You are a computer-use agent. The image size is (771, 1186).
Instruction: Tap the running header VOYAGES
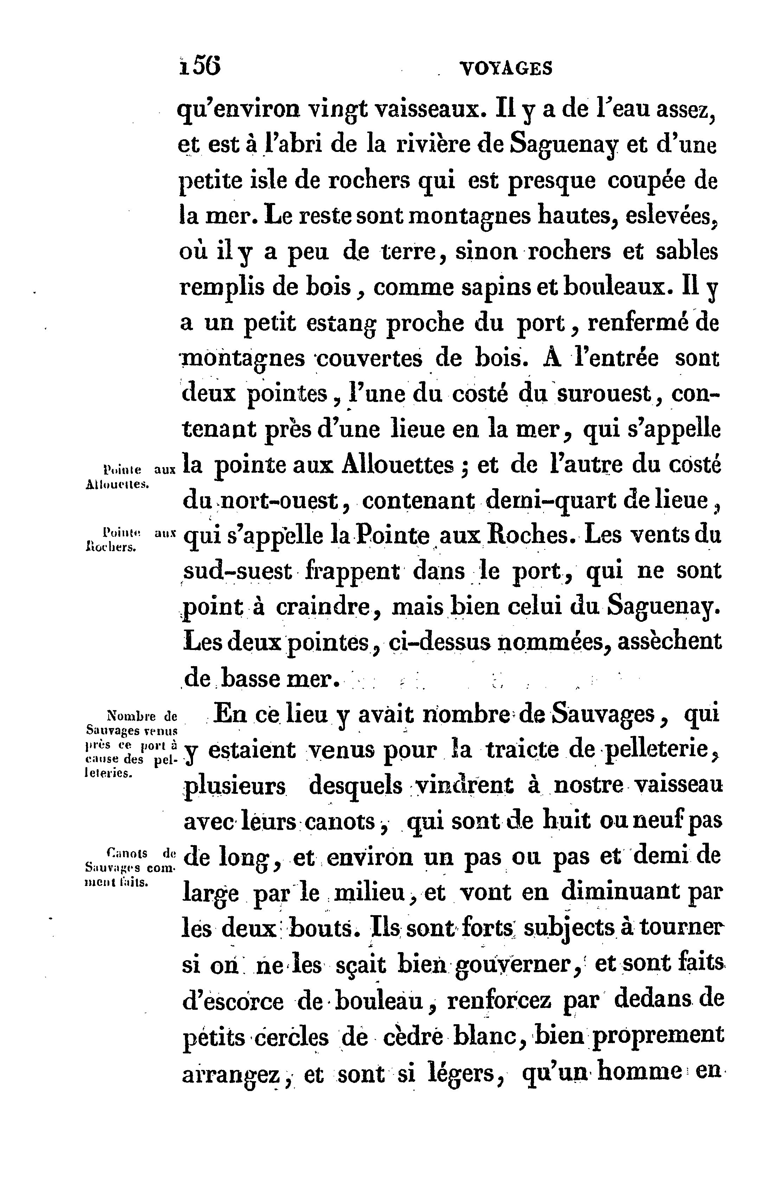click(x=507, y=68)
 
